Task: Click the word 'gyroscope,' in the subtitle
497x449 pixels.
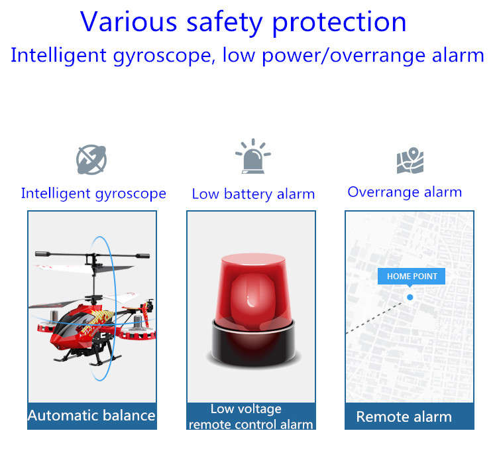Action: tap(162, 56)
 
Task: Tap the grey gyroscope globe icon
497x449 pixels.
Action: tap(91, 160)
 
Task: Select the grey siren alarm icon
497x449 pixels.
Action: tap(253, 156)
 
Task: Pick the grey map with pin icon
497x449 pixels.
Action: tap(410, 160)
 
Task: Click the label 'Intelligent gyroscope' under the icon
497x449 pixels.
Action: tap(93, 194)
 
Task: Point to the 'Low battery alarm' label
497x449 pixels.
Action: tap(253, 194)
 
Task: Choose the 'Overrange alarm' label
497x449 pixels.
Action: tap(404, 192)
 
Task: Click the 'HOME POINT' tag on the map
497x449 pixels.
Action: tap(412, 277)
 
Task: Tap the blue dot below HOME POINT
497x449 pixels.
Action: tap(410, 297)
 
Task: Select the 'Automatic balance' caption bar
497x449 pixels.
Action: tap(92, 416)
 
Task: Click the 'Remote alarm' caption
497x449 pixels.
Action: tap(404, 417)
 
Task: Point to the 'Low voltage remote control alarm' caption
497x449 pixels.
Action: tap(250, 417)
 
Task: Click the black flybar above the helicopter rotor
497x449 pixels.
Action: tap(92, 255)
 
